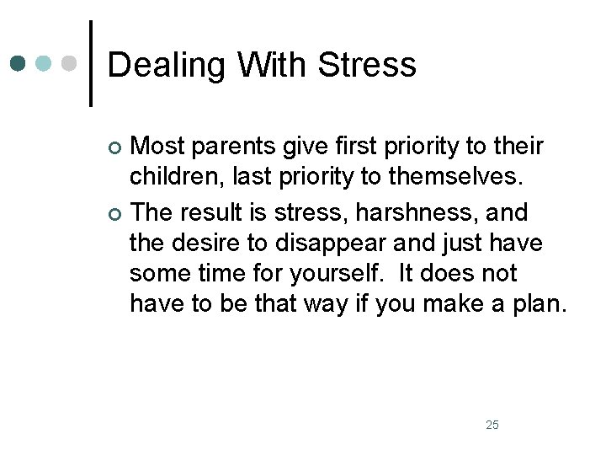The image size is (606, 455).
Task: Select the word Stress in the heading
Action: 374,64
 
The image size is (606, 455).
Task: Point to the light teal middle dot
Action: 45,64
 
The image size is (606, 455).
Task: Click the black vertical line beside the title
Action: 90,64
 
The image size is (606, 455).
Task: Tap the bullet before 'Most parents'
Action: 115,149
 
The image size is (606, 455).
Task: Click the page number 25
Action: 492,424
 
